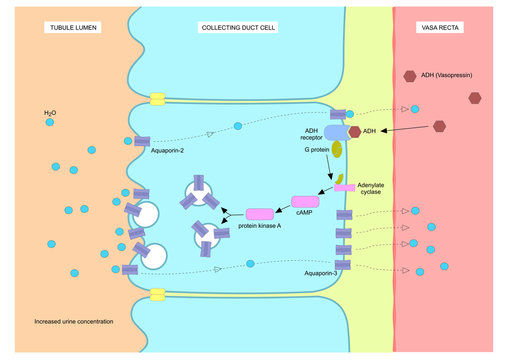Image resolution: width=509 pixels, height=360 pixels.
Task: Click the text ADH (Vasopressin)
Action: pos(450,76)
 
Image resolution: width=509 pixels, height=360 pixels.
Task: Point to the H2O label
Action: pos(50,114)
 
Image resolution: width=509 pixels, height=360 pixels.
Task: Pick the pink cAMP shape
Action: pos(304,202)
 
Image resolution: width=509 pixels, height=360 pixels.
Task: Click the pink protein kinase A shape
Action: pos(259,214)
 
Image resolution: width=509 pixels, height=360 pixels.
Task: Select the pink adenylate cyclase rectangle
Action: pos(344,187)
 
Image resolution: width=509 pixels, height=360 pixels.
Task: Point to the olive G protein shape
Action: pos(337,151)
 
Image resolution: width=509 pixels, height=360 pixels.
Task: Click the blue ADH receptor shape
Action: pos(334,130)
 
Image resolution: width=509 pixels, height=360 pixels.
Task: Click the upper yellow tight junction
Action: pos(156,100)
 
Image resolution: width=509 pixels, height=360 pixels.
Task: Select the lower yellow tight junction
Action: pos(156,295)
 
